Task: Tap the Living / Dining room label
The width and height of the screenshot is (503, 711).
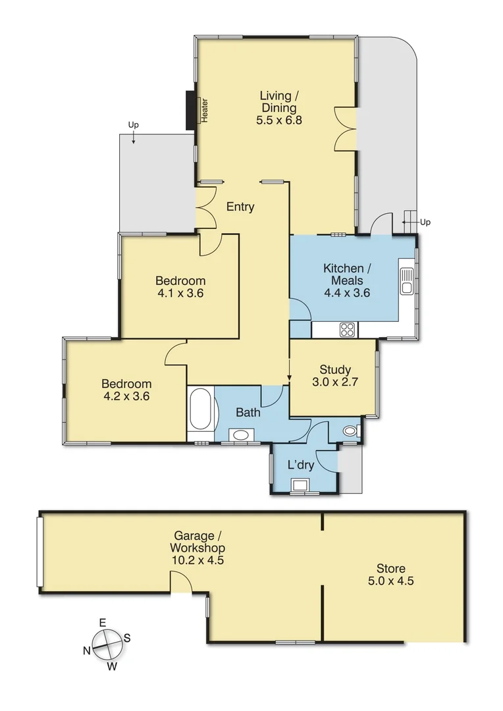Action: coord(278,101)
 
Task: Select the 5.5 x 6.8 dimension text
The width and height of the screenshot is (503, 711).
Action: coord(278,120)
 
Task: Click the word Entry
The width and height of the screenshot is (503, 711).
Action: coord(240,207)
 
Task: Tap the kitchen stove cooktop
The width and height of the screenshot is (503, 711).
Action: coord(347,329)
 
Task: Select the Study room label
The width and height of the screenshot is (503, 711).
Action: coord(335,369)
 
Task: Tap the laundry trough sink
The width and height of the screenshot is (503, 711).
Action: coord(303,486)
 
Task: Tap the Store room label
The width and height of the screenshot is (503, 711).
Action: coord(390,568)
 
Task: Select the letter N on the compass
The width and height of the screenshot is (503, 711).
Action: coord(87,650)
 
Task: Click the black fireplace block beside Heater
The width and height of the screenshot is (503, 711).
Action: coord(191,110)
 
